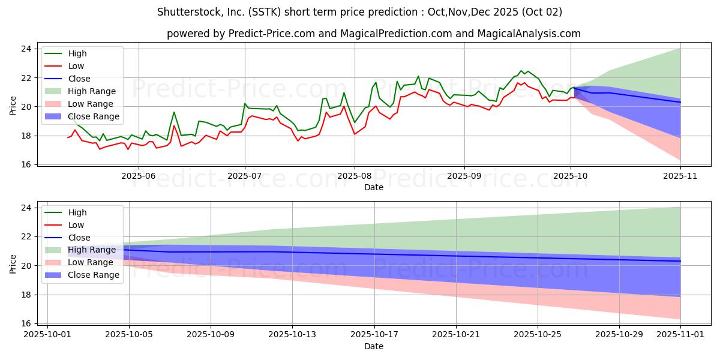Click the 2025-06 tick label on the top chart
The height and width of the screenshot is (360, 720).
click(139, 176)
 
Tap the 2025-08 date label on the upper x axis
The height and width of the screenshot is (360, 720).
click(355, 176)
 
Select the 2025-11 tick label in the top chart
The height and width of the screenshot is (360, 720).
click(680, 176)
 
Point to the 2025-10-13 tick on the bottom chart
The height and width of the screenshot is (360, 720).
click(293, 335)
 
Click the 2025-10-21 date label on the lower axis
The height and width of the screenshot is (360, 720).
click(456, 335)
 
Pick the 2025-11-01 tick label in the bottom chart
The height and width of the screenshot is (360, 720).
click(680, 335)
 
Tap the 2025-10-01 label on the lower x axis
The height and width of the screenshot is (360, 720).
click(47, 335)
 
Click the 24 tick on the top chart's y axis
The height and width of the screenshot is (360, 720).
click(26, 49)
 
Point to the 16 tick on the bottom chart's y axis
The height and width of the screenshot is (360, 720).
click(26, 323)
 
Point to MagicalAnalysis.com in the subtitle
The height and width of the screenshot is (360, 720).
click(529, 34)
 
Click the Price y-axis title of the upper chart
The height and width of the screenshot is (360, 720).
click(13, 106)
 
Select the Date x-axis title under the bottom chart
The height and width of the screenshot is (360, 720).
click(373, 346)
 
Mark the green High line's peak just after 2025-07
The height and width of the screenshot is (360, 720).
click(245, 103)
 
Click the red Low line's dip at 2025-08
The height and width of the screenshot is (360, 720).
click(355, 134)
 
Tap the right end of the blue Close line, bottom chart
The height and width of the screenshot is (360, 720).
click(680, 261)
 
